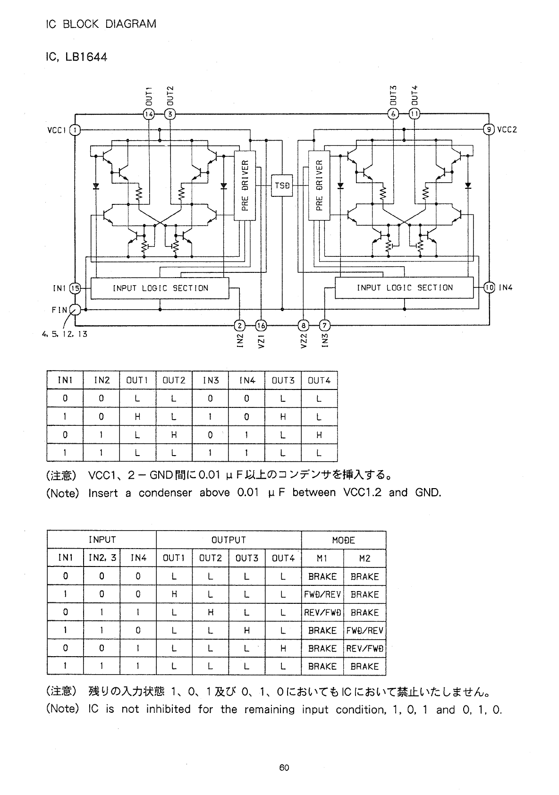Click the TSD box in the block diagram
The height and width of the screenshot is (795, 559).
coord(282,186)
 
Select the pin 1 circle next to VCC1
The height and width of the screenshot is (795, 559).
coord(75,130)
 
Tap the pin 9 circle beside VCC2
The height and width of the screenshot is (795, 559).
coord(489,129)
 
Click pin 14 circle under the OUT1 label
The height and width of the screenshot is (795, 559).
coord(148,114)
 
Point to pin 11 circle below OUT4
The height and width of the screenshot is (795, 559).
coord(415,114)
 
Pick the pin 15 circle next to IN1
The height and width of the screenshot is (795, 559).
coord(75,288)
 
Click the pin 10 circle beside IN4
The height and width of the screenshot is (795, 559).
coord(489,288)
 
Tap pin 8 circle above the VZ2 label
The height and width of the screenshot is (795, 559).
coord(304,325)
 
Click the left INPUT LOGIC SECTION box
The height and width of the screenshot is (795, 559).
coord(160,288)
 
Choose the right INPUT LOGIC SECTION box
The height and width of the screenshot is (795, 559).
coord(404,288)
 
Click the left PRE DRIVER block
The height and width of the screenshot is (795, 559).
coord(245,186)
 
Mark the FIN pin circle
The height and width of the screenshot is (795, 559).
coord(75,310)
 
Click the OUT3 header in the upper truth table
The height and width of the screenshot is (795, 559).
coord(283,381)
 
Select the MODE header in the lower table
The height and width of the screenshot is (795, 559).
coord(343,540)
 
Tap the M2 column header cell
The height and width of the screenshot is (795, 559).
coord(364,558)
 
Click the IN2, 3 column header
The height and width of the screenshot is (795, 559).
coord(102,558)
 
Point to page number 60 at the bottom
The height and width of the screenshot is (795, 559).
coord(284,768)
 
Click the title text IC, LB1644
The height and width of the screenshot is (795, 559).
coord(76,57)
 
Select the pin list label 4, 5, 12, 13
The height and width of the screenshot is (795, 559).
coord(64,334)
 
